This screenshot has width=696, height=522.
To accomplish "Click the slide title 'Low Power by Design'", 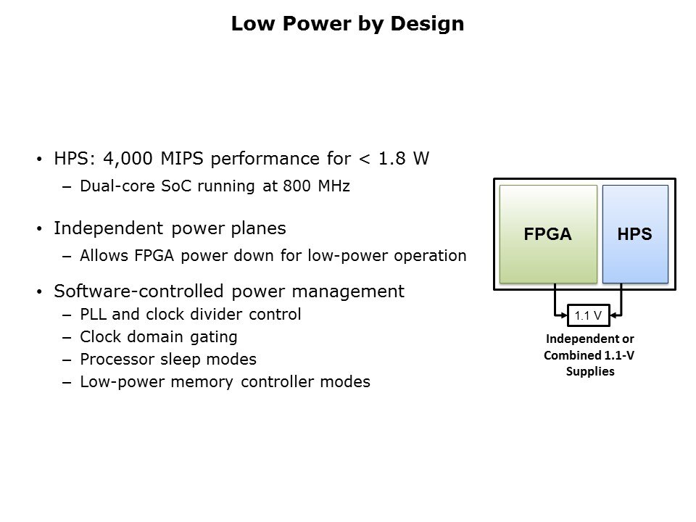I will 347,24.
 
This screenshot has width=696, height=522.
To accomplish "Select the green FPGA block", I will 548,234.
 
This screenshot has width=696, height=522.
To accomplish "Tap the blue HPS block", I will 635,234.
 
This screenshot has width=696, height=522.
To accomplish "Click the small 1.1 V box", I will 587,315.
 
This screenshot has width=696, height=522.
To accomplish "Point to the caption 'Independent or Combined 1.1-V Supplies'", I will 589,355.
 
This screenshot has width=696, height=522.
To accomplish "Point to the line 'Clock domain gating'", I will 158,337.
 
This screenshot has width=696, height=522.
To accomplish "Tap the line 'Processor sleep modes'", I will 167,360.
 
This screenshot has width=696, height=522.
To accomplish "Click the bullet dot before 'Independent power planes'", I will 39,229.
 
